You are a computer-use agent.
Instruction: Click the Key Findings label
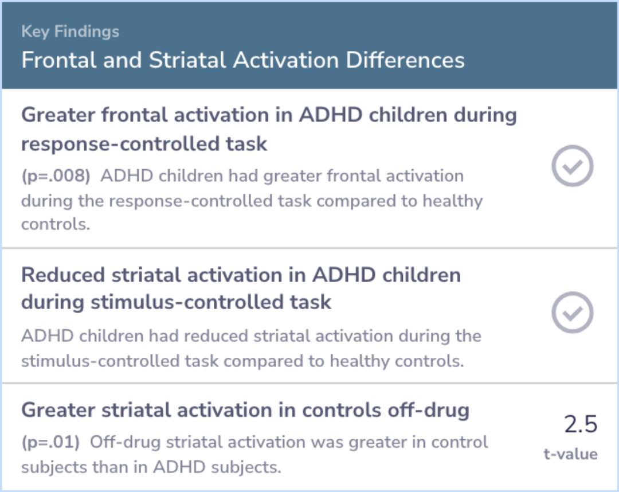tap(70, 32)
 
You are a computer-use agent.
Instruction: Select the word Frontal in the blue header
tap(59, 60)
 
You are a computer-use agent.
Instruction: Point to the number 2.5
tap(581, 424)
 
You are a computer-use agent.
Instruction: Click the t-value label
tap(570, 454)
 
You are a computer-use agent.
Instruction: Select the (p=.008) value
tap(56, 176)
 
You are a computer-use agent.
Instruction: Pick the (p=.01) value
tap(50, 442)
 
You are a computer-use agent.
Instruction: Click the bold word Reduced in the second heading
tap(63, 275)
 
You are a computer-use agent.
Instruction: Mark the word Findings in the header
tap(87, 32)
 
